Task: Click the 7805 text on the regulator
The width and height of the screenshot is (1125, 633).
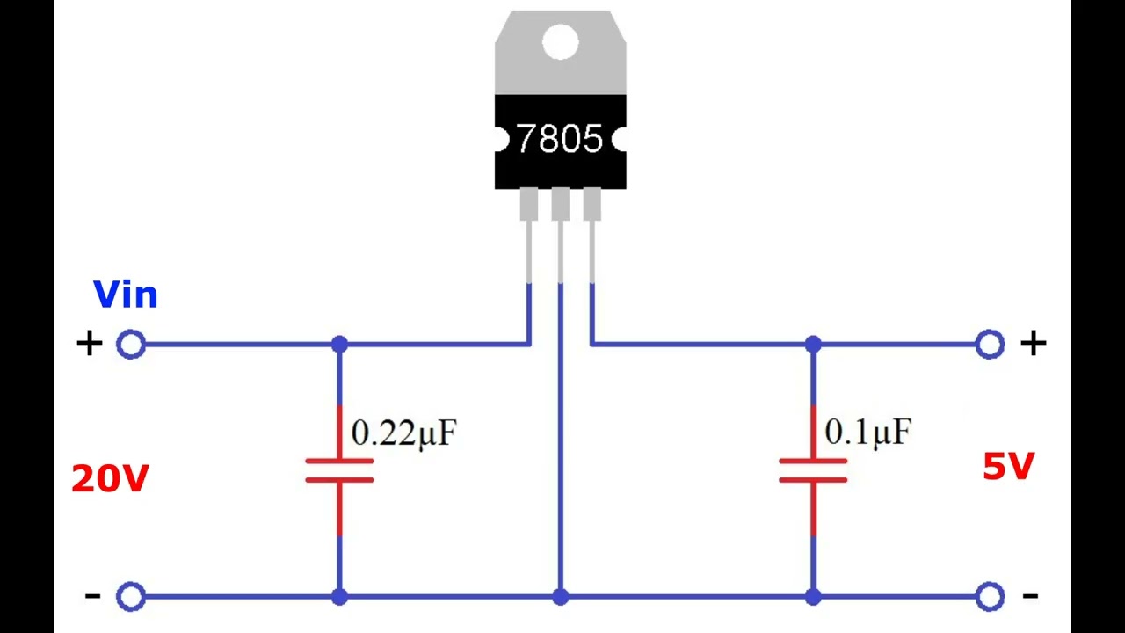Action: tap(560, 138)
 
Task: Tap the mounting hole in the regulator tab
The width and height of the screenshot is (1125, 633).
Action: tap(561, 41)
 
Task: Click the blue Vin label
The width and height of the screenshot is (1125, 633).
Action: tap(126, 294)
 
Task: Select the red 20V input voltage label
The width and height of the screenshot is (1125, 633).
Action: tap(110, 478)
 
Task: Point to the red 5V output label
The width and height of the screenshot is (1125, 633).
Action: tap(1008, 466)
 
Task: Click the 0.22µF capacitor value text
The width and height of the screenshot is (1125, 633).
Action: tap(403, 433)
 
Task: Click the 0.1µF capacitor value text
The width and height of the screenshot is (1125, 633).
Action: tap(867, 432)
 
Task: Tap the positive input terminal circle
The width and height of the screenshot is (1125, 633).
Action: tap(131, 344)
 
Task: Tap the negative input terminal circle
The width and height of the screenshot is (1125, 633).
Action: tap(131, 596)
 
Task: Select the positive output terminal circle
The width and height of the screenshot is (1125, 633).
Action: tap(990, 344)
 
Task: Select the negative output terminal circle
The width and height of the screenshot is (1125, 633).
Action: tap(990, 596)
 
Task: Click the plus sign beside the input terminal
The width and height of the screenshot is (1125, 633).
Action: tap(90, 344)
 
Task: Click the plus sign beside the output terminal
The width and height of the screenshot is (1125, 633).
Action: tap(1033, 344)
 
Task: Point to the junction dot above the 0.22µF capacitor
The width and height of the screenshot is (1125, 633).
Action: tap(339, 344)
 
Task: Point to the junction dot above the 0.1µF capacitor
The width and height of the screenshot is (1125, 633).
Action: tap(813, 344)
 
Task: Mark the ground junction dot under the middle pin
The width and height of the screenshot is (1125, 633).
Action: tap(561, 597)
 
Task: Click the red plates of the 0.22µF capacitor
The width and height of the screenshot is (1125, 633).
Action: tap(339, 470)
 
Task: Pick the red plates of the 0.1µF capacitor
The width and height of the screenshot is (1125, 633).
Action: tap(813, 470)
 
